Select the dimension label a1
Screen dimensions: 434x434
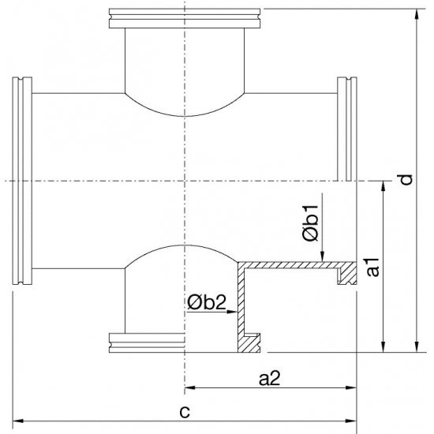tap(374, 267)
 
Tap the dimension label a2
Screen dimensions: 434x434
tap(270, 378)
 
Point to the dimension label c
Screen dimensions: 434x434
tap(185, 411)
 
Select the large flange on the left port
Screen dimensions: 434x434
tap(21, 180)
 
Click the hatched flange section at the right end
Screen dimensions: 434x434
tap(346, 272)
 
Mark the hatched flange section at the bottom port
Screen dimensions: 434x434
tap(251, 342)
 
